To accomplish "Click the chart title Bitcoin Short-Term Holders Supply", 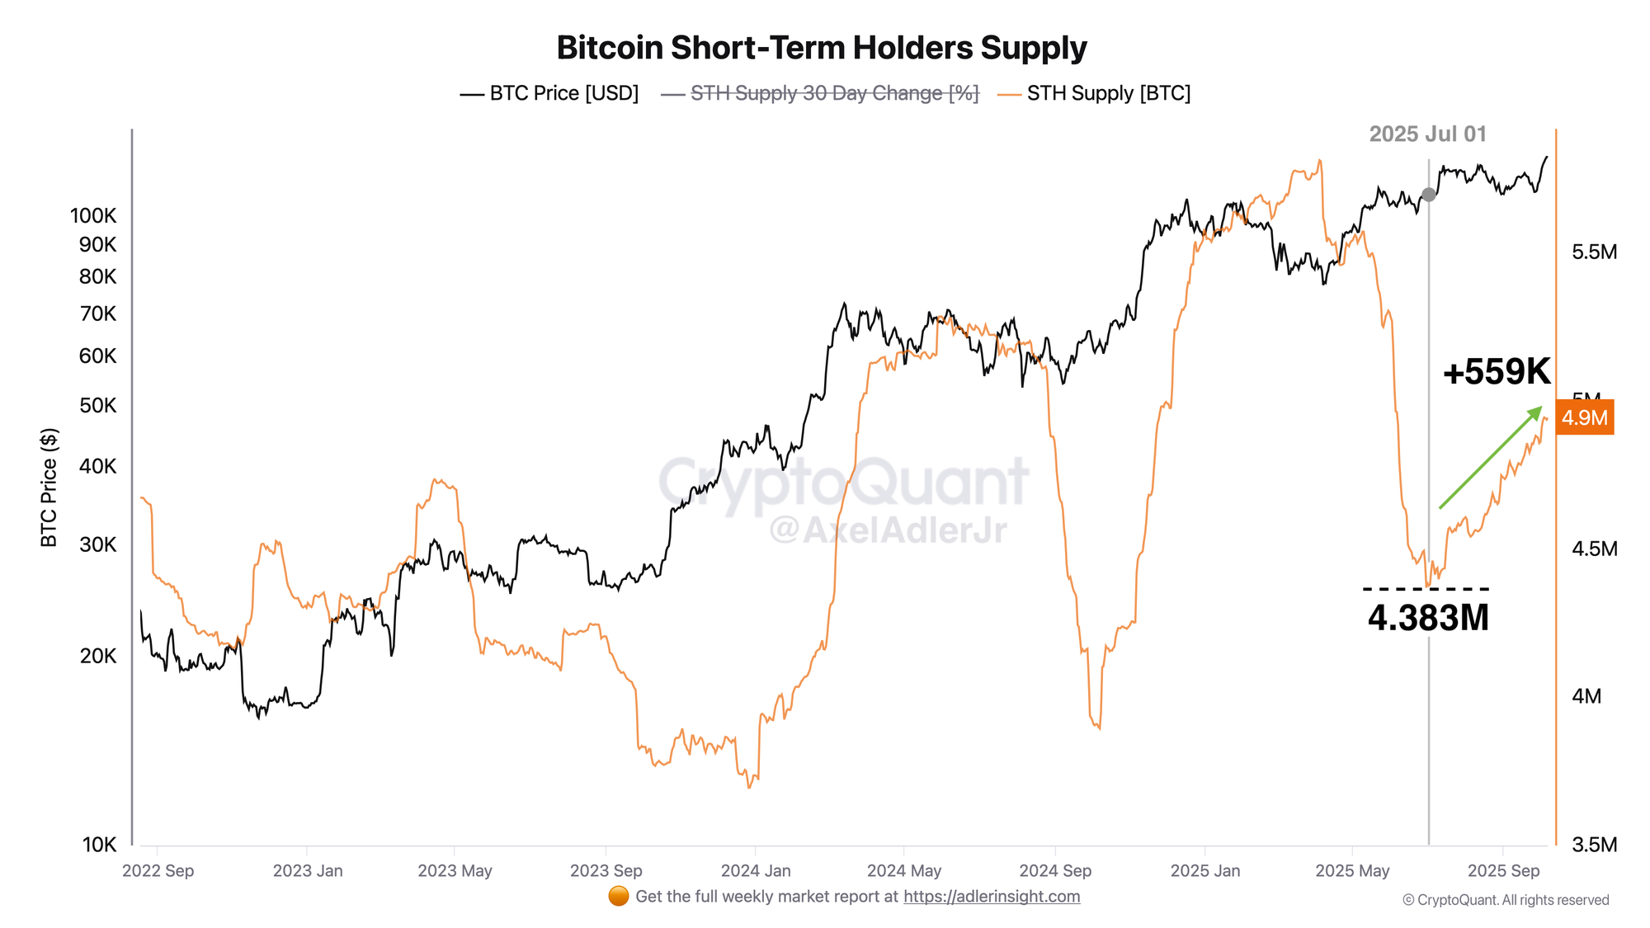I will click(x=822, y=48).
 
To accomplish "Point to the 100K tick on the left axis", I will click(x=93, y=216).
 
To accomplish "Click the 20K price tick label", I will click(x=98, y=656).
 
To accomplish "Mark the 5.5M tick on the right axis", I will click(x=1594, y=252).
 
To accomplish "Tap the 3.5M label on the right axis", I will click(x=1594, y=845).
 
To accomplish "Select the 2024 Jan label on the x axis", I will click(x=756, y=871).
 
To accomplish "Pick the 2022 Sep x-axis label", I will click(x=158, y=871).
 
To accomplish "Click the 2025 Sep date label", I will click(x=1503, y=871).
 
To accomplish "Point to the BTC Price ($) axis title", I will click(x=49, y=488).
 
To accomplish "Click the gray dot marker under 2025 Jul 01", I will click(x=1429, y=195).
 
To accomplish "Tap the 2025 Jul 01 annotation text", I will click(x=1427, y=134).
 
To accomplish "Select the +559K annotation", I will click(x=1497, y=372).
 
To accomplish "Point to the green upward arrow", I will click(x=1490, y=458).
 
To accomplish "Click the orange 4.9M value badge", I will click(x=1584, y=418).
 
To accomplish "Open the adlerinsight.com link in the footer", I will click(x=992, y=897).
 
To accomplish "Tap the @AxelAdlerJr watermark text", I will click(x=888, y=530).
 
